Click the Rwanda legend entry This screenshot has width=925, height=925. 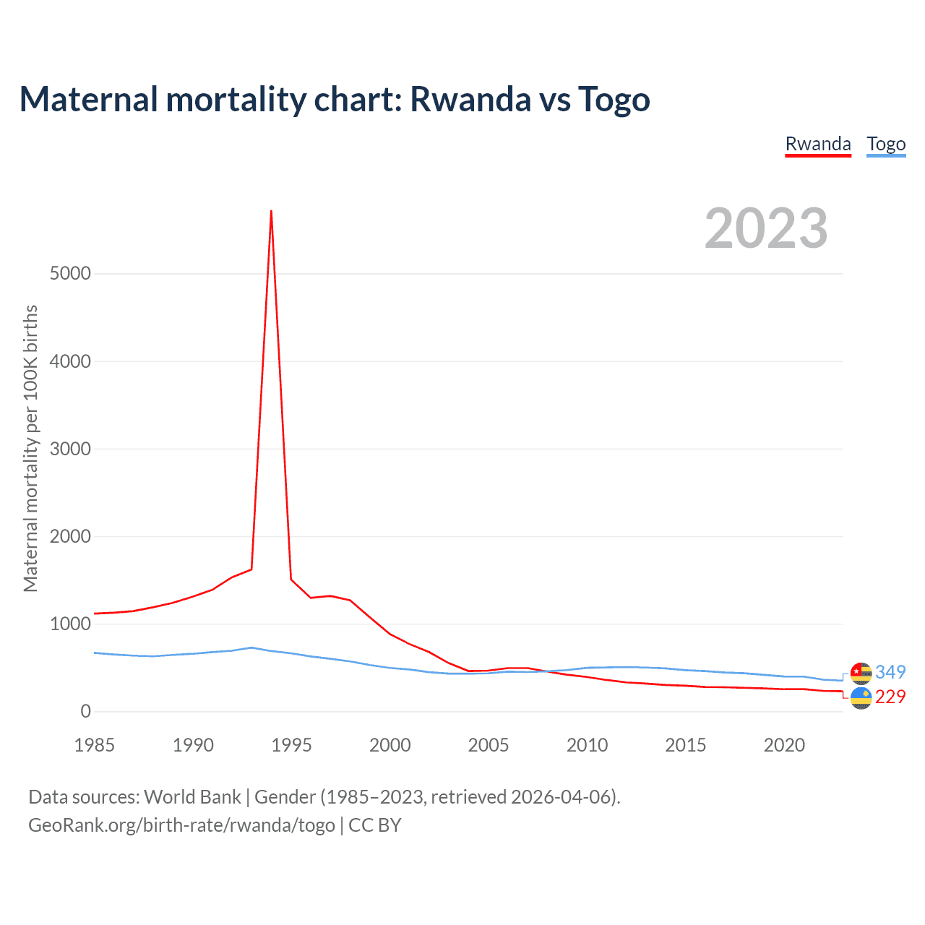(818, 144)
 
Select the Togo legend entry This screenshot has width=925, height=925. (886, 144)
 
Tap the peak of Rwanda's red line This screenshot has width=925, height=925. (271, 211)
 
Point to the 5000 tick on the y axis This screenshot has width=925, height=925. (71, 273)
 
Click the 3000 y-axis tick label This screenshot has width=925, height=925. (71, 449)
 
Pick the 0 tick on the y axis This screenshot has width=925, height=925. (86, 711)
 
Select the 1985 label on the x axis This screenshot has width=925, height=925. (95, 745)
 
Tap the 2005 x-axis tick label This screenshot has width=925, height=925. (489, 745)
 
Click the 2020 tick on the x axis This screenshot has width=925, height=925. (784, 745)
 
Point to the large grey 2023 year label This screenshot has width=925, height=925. (766, 228)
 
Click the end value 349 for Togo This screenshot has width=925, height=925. (890, 672)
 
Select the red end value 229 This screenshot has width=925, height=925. (890, 697)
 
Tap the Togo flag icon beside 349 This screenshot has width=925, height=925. (861, 673)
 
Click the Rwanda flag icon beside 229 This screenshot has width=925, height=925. (861, 698)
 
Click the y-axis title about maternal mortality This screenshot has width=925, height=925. (30, 448)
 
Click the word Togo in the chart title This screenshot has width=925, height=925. (614, 99)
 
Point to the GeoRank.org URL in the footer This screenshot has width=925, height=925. (181, 825)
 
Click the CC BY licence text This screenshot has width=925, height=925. (375, 825)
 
